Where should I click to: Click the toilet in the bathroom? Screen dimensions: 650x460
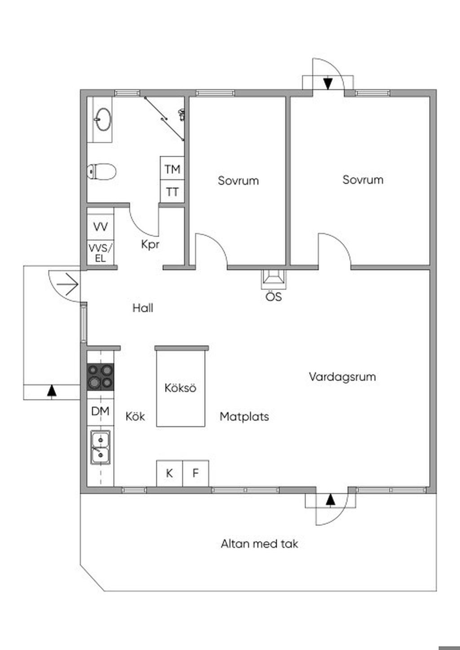click(x=102, y=171)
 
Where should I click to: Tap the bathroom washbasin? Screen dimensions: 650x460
click(x=103, y=119)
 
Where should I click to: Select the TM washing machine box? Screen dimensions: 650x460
click(x=172, y=169)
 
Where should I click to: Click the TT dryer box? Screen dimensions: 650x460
click(x=172, y=192)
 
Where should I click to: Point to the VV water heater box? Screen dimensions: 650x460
click(x=100, y=227)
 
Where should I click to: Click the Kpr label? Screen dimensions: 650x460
click(x=150, y=245)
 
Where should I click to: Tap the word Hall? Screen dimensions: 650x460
click(x=143, y=308)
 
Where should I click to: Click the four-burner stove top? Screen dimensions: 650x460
click(x=100, y=377)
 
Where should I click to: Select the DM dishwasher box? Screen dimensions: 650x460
click(x=100, y=411)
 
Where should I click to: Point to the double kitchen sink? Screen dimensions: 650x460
click(x=100, y=447)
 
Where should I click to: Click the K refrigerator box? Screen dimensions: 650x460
click(x=169, y=473)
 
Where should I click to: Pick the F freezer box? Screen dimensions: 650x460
click(x=195, y=473)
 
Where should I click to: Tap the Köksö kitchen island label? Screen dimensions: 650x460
click(x=180, y=388)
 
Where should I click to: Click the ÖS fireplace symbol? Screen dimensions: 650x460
click(x=273, y=279)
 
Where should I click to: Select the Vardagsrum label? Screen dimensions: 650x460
click(x=342, y=377)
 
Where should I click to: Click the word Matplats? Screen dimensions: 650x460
click(x=244, y=417)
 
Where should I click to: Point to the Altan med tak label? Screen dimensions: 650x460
click(x=259, y=544)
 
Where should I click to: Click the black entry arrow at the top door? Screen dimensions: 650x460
click(x=328, y=83)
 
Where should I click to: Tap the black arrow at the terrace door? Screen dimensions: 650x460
click(x=331, y=500)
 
